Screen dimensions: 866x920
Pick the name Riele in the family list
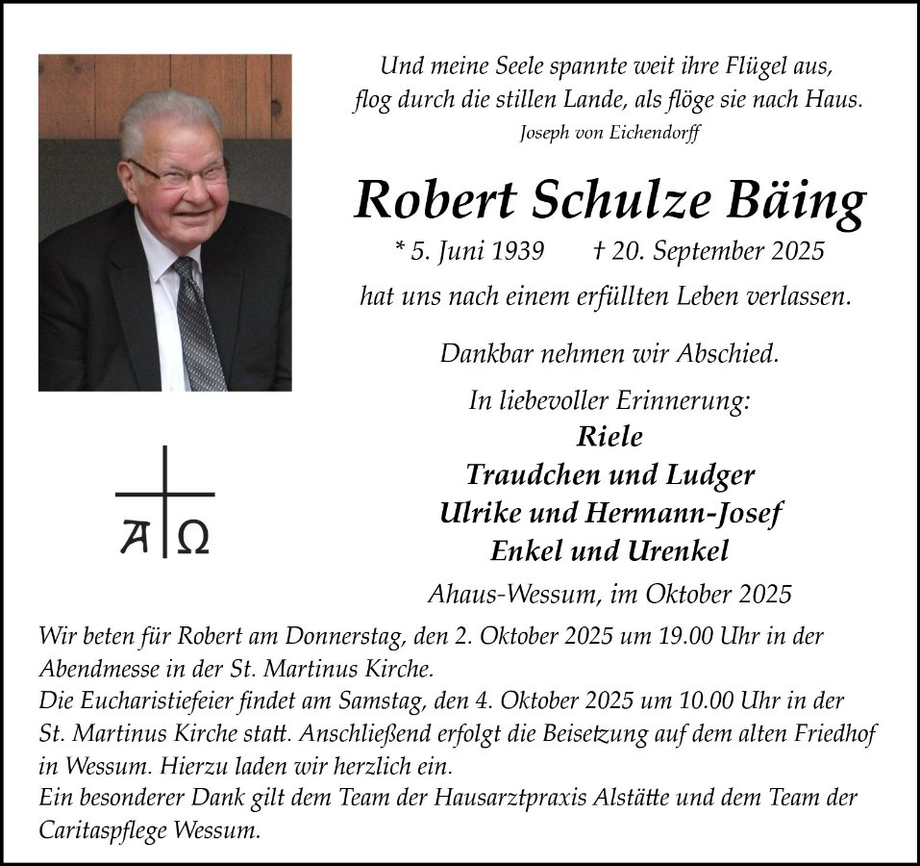(609, 436)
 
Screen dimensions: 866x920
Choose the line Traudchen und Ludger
(609, 474)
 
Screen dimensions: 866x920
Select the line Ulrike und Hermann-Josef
(609, 513)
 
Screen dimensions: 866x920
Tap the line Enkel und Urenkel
(609, 550)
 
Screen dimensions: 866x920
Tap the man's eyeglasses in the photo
(180, 174)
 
